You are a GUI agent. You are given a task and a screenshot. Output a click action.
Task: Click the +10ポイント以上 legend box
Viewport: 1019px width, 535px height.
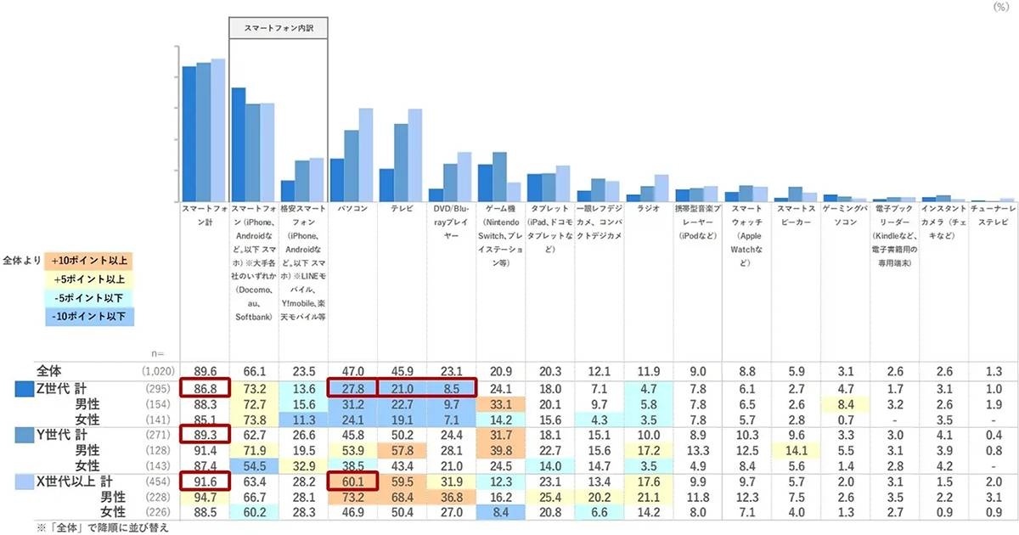(89, 260)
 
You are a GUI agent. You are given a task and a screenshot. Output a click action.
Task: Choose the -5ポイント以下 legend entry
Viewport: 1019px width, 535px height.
(89, 298)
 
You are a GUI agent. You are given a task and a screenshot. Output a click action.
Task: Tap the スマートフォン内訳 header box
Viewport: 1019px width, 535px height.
(279, 28)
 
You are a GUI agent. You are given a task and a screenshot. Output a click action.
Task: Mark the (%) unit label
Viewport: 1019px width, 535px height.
(1001, 6)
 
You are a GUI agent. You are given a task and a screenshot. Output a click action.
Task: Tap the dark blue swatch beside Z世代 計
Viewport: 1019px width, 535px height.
(24, 388)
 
